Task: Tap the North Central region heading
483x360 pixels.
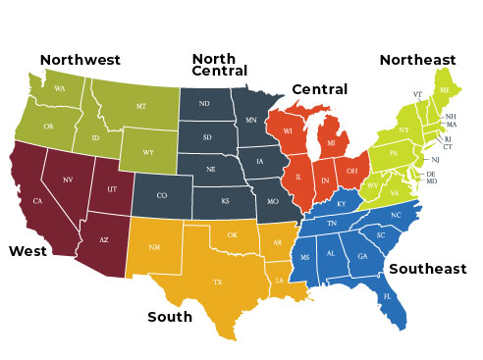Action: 220,65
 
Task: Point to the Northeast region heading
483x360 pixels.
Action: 418,60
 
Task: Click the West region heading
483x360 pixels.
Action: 28,251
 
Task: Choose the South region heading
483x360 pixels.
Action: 170,317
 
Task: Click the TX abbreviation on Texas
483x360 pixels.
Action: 218,282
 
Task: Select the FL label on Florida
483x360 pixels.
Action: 388,295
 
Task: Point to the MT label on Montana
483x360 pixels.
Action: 141,106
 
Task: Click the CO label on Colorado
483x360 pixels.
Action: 162,196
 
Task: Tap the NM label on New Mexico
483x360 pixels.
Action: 154,247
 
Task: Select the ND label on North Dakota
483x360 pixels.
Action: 204,104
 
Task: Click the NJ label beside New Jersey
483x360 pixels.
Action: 435,159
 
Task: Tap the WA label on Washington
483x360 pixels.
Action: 60,88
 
